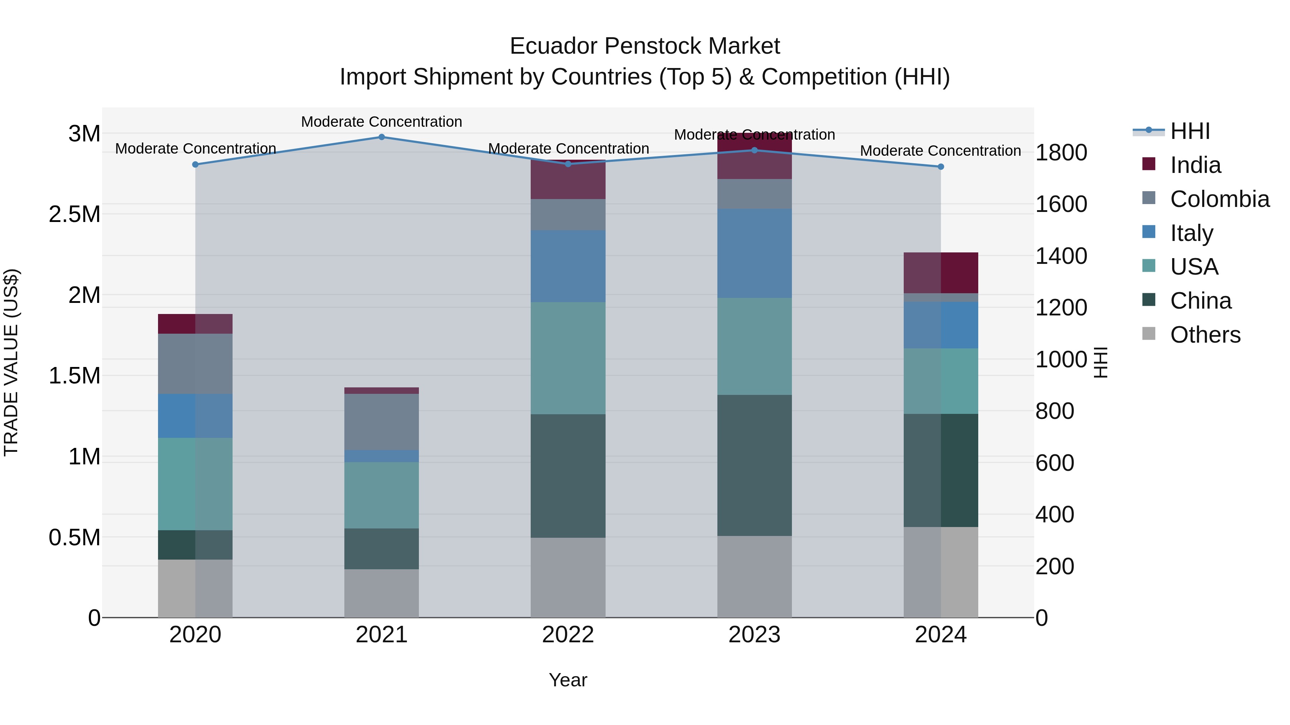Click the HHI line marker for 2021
pos(382,137)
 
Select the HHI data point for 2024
pos(941,166)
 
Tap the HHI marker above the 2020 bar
pos(195,165)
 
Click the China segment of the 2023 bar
pos(754,465)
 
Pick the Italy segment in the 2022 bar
pos(568,266)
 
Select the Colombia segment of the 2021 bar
pos(382,422)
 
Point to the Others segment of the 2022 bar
pos(568,577)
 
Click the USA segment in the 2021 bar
pos(382,496)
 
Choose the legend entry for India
pos(1195,165)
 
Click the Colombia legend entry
pos(1219,199)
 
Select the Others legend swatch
pos(1149,334)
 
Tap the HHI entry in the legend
pos(1190,131)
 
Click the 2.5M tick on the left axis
pos(75,215)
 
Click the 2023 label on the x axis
pos(754,635)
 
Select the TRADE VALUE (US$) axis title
pos(11,362)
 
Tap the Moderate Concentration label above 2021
pos(382,122)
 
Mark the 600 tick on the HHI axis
pos(1055,463)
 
